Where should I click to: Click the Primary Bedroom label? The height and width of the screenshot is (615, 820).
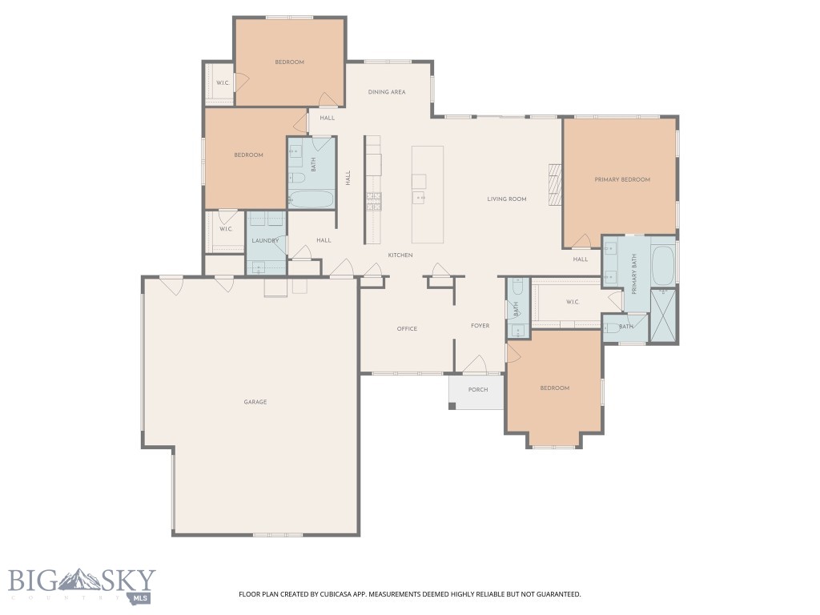coord(621,179)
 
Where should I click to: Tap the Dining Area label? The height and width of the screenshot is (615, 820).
coord(387,92)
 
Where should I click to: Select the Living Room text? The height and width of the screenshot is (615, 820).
coord(507,199)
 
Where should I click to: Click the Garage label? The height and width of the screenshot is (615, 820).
coord(255,402)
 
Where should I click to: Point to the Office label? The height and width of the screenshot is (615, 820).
coord(407,328)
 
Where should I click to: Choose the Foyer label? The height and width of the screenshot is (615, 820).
coord(480,326)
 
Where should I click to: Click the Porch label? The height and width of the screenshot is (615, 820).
coord(478,390)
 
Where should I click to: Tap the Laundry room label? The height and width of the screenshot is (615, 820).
coord(264,240)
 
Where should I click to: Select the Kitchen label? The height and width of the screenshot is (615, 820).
coord(400,255)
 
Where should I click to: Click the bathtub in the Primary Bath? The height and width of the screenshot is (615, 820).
coord(663,266)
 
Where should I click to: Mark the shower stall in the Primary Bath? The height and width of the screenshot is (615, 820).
coord(663,316)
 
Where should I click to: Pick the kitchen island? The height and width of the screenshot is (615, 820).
coord(428,194)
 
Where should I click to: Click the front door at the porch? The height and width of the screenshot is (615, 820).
coord(475,369)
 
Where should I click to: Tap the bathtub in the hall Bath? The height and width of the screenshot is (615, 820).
coord(311,199)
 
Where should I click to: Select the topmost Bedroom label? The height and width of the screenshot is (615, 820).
coord(289,62)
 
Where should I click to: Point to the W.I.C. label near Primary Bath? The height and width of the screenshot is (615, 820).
coord(573,302)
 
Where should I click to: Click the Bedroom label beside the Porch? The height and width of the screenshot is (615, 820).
coord(554,388)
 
